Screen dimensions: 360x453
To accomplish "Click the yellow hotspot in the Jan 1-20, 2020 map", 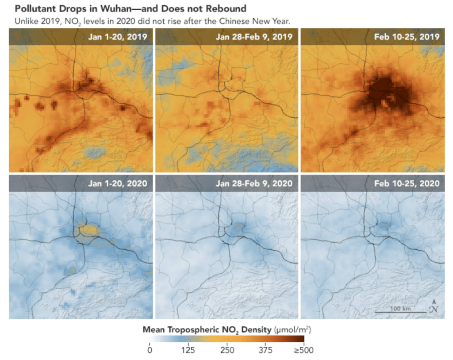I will pos(86,229).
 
